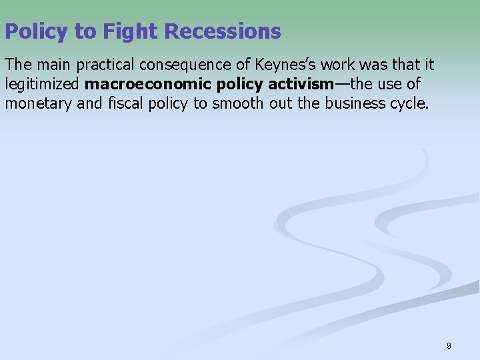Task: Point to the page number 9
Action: coord(449,346)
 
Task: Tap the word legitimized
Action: coord(43,84)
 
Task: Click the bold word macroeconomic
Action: coord(148,84)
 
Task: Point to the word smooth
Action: coord(235,103)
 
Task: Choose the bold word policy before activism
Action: coord(240,84)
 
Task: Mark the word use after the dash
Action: coord(391,84)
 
